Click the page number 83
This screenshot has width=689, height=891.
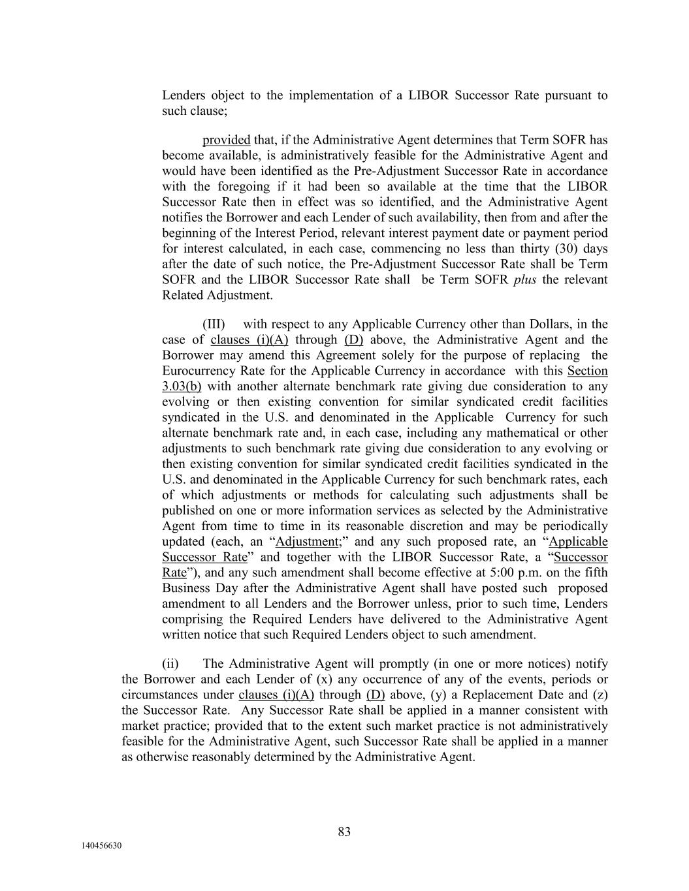[x=344, y=832]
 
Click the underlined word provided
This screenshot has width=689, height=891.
[x=226, y=140]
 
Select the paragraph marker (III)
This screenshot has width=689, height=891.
[x=214, y=324]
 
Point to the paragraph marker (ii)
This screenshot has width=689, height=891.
[x=170, y=664]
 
